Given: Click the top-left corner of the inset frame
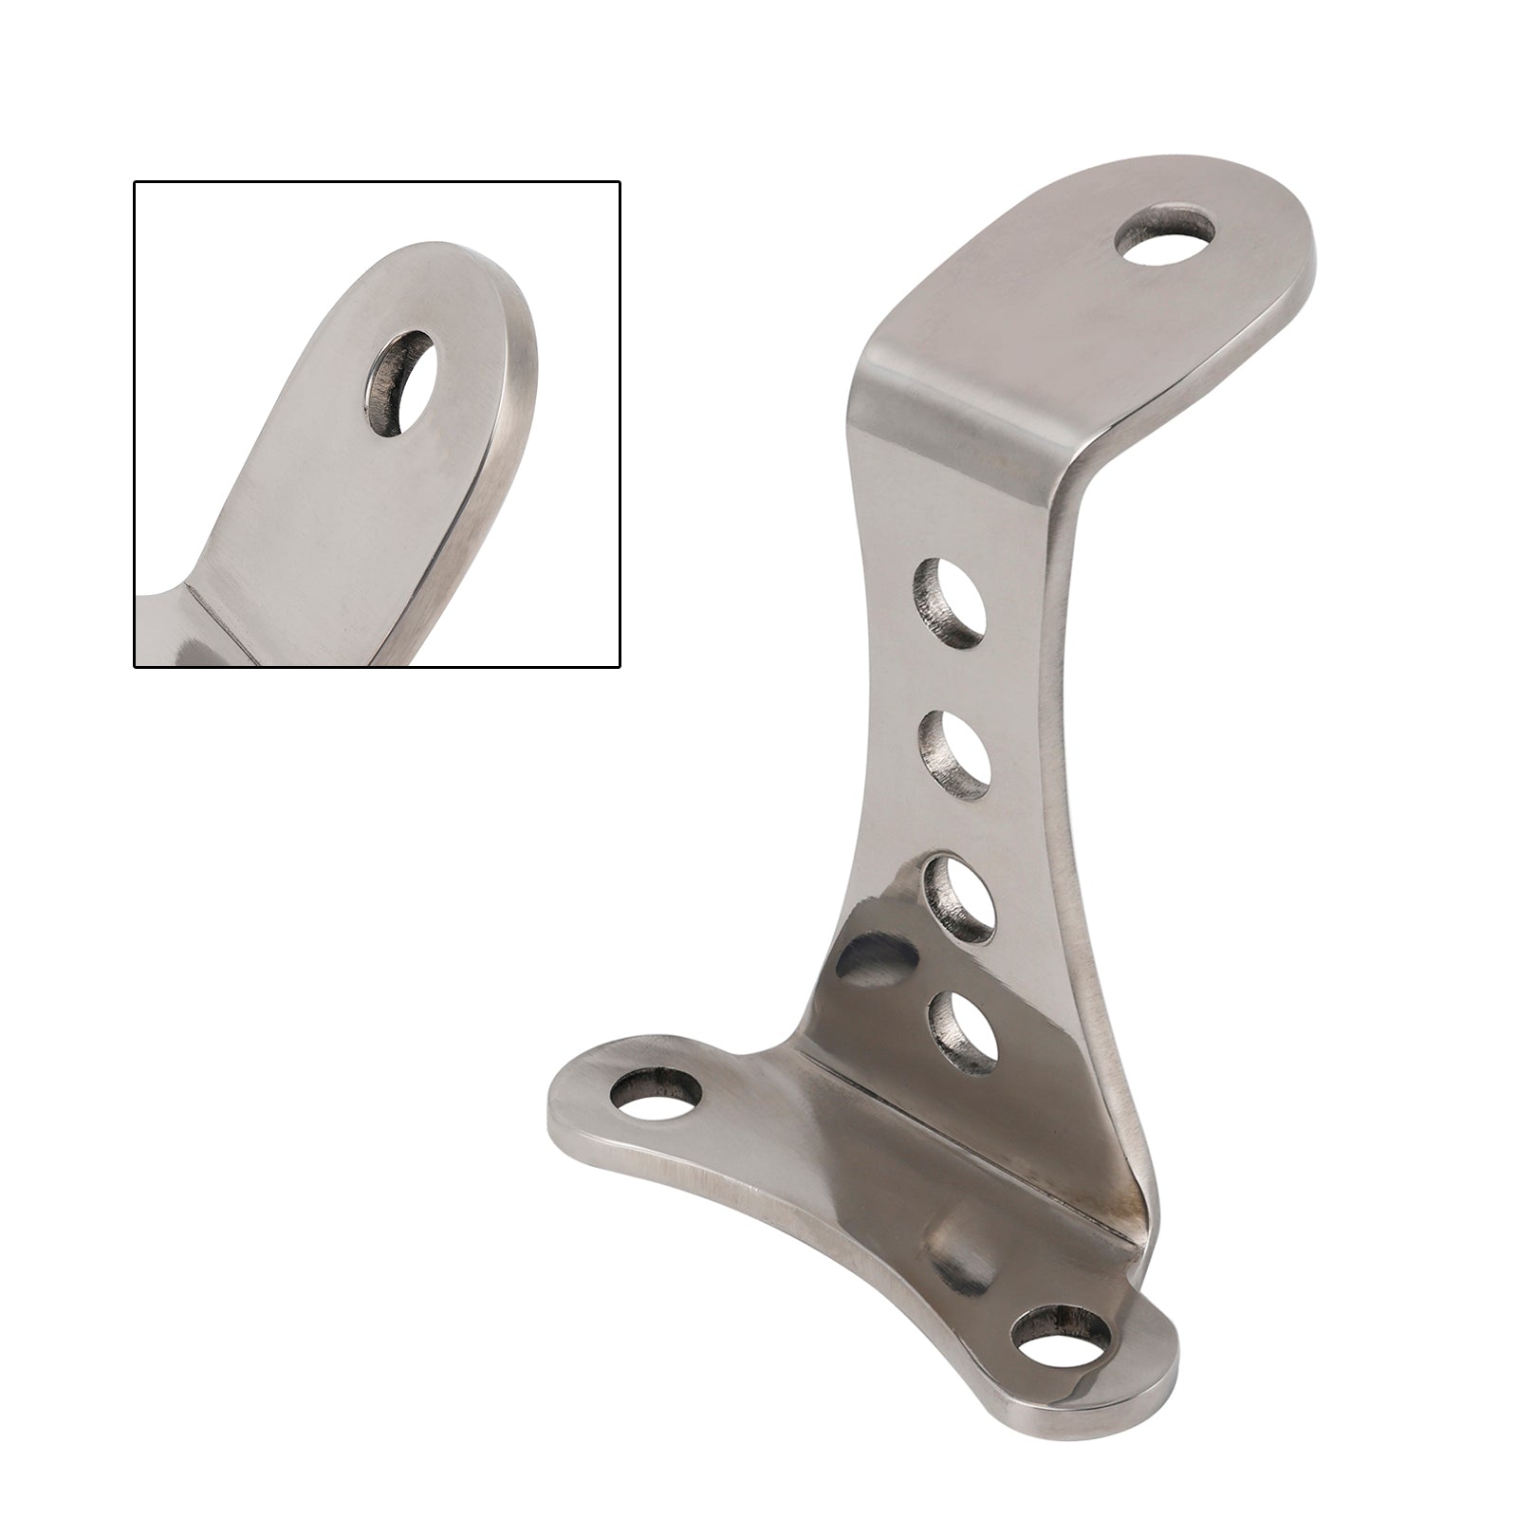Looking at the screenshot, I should pos(135,182).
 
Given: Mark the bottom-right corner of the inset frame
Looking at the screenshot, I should pos(620,667).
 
